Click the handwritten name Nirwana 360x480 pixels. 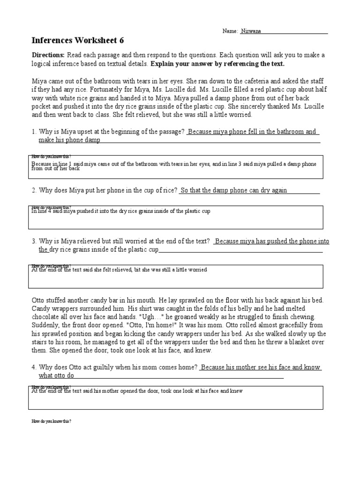(x=251, y=31)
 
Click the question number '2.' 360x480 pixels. (x=34, y=190)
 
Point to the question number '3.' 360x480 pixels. (x=34, y=241)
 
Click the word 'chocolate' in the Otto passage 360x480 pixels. (x=45, y=317)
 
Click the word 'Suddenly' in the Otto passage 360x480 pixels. (x=45, y=325)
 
